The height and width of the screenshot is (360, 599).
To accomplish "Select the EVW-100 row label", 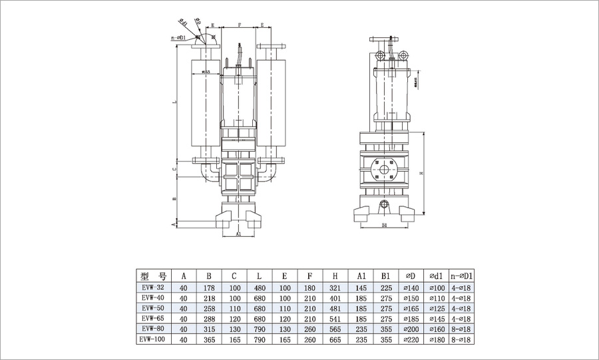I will pyautogui.click(x=153, y=339).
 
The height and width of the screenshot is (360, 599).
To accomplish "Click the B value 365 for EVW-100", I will pyautogui.click(x=208, y=339).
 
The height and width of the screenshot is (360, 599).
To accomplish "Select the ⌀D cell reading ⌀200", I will pyautogui.click(x=410, y=329).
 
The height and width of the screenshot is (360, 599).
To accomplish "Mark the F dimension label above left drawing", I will pyautogui.click(x=239, y=25).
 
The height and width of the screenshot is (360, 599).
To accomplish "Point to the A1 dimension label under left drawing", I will pyautogui.click(x=239, y=234).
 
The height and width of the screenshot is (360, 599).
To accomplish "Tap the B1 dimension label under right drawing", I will pyautogui.click(x=385, y=227).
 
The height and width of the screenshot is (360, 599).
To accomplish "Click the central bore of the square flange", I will pyautogui.click(x=385, y=170).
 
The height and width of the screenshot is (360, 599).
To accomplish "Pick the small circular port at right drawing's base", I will pyautogui.click(x=385, y=203).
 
